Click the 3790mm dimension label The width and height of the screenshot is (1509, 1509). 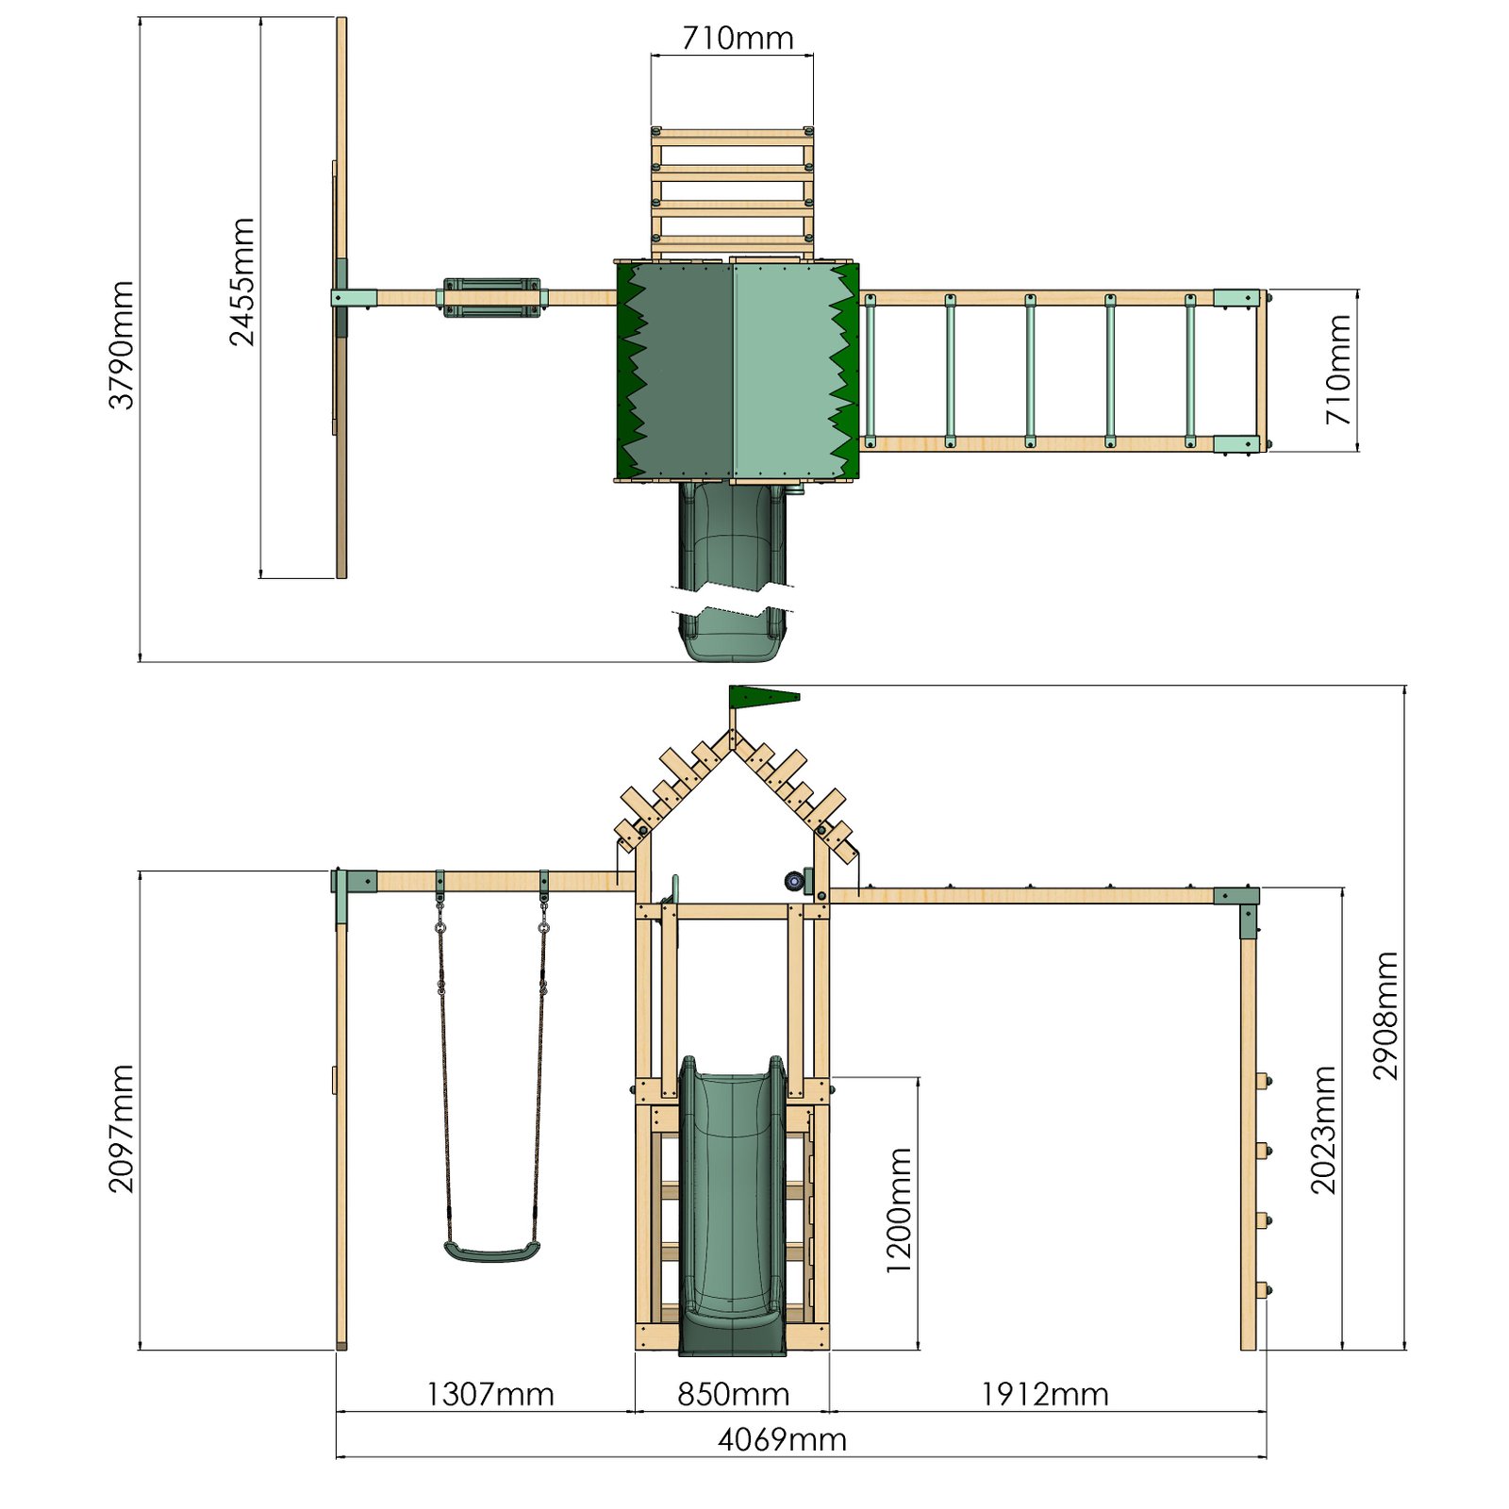(122, 344)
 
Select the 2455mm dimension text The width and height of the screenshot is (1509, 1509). (242, 281)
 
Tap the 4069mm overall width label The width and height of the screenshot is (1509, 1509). (782, 1439)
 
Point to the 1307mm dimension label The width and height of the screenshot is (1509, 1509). (489, 1394)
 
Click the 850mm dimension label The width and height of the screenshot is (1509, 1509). (733, 1394)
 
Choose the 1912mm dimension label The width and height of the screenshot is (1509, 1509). (1044, 1394)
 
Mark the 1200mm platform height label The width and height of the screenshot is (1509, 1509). (899, 1210)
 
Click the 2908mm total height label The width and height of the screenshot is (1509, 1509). (1385, 1015)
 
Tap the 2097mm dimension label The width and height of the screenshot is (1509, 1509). (122, 1128)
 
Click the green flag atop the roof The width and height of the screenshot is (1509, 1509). (762, 697)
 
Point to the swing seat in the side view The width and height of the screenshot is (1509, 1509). (491, 1252)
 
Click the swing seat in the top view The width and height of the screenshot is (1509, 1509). (491, 297)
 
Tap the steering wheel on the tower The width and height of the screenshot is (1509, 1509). (795, 881)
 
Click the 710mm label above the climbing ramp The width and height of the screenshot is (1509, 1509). (738, 38)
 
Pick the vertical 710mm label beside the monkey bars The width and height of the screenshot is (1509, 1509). (1338, 369)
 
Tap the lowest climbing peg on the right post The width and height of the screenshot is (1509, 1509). (1263, 1289)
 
